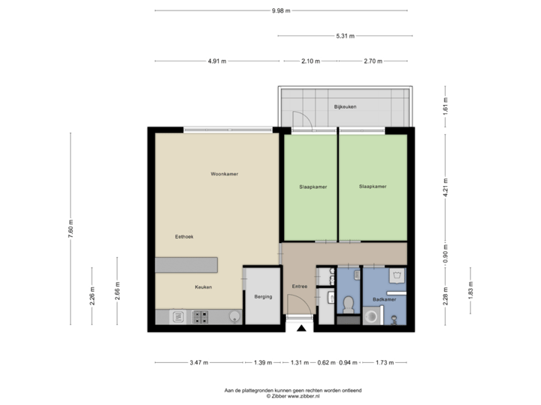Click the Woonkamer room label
point(224,174)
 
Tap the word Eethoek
point(184,236)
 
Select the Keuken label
point(203,287)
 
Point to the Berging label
point(263,297)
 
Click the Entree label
point(299,286)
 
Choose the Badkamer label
point(384,300)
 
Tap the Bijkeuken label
point(345,107)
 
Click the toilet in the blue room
point(347,304)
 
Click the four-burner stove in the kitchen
point(201,317)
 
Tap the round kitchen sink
point(234,316)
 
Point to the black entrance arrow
point(301,328)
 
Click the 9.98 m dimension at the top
point(282,10)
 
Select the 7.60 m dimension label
point(71,228)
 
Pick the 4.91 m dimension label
point(217,61)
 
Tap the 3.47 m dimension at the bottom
point(199,363)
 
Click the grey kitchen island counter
point(186,265)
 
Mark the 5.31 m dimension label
point(346,35)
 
